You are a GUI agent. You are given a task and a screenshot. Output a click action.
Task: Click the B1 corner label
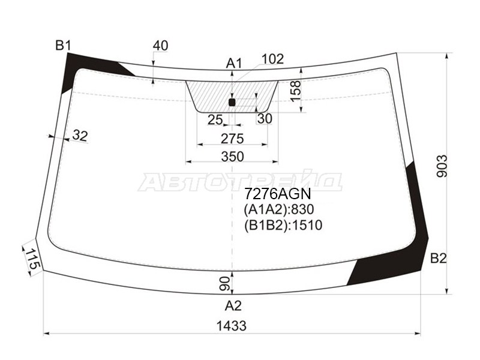coord(64,45)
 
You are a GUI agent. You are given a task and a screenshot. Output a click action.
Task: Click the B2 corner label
coord(439,259)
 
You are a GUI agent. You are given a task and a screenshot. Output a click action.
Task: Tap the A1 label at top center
coord(233,63)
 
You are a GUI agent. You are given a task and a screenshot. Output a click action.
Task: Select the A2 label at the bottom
coord(233,306)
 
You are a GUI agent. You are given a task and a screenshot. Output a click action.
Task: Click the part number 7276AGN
coord(277,195)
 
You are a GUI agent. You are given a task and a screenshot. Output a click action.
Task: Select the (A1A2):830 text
coord(278,210)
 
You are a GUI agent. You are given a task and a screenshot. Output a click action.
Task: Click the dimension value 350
coord(232,157)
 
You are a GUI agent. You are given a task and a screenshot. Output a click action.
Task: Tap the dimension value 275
coord(232,139)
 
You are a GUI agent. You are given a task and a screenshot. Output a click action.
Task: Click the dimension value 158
coord(295,90)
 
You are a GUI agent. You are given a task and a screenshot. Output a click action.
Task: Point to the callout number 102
coord(273,59)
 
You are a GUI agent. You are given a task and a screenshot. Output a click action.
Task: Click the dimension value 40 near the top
coord(160,46)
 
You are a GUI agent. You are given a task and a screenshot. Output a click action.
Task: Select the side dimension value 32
coord(80,136)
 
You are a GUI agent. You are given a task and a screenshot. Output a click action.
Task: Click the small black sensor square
coord(232,102)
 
